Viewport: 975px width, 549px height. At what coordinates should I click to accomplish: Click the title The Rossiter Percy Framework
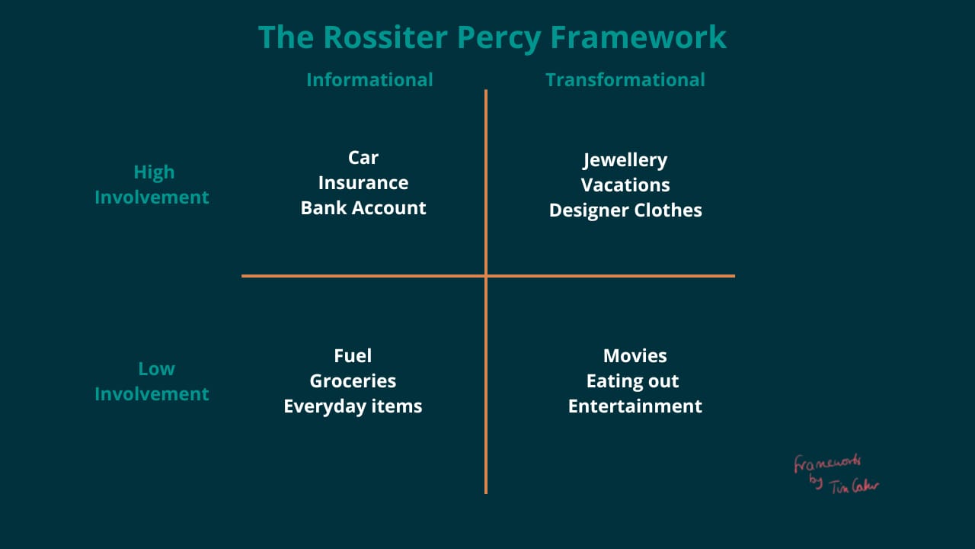click(492, 37)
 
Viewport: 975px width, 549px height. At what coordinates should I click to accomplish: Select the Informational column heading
click(369, 79)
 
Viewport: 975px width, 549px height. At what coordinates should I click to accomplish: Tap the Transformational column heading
click(625, 79)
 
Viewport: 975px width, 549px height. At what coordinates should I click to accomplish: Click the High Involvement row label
click(152, 185)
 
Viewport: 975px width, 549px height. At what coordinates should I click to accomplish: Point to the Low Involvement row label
click(152, 381)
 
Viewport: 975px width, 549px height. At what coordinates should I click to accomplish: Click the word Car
click(363, 157)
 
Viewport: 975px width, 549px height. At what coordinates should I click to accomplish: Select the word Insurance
click(363, 182)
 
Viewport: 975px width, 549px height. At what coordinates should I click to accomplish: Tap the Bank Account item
click(363, 207)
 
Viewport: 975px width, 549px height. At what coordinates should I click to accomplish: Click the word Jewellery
click(625, 160)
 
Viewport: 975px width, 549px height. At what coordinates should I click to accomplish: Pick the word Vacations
click(625, 185)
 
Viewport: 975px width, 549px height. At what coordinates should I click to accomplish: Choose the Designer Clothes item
click(625, 210)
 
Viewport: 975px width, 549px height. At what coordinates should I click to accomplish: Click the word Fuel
click(353, 355)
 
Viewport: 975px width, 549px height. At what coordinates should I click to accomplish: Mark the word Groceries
click(353, 380)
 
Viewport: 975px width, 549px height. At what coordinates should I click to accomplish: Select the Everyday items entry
click(353, 406)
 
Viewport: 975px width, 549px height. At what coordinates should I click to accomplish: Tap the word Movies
click(635, 355)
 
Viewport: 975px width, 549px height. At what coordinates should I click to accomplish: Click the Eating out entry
click(632, 380)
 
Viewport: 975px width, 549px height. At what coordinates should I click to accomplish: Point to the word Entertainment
click(635, 406)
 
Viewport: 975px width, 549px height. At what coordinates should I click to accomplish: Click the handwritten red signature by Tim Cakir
click(836, 474)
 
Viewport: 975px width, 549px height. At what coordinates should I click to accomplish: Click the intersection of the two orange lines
click(486, 275)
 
